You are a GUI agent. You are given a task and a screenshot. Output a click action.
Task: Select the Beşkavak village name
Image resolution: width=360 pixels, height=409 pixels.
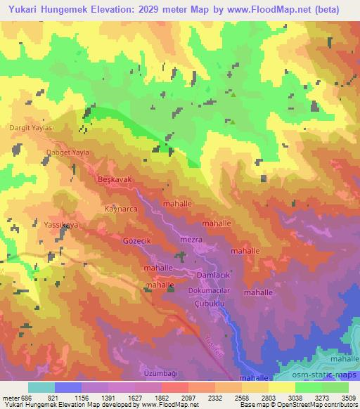click(114, 179)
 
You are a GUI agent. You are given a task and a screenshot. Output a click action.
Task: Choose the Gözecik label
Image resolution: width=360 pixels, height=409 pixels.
click(137, 240)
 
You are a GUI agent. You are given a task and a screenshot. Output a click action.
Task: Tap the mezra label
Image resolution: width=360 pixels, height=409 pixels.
click(193, 240)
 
